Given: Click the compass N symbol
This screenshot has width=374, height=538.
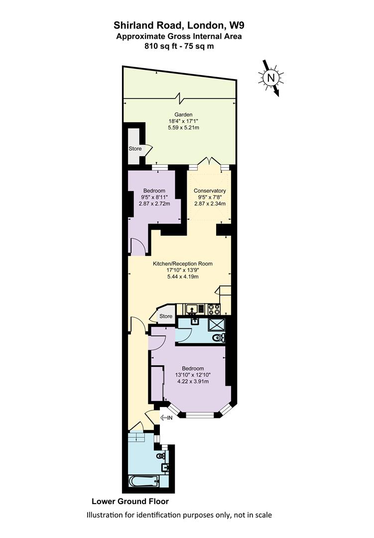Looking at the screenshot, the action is point(271,78).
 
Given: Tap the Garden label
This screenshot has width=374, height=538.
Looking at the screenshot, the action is point(183,115).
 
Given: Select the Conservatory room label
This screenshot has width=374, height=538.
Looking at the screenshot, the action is point(210,191).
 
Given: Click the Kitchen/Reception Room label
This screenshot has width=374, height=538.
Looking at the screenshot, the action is point(183,264).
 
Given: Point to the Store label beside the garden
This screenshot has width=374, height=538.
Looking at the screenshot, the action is point(135,148).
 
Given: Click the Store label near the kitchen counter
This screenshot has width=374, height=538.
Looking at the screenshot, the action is point(166,316).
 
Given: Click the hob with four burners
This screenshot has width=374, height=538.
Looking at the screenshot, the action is point(214,309).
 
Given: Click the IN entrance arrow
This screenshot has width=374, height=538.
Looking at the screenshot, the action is point(166,417).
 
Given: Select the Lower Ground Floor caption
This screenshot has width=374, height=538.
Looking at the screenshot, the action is point(130,501).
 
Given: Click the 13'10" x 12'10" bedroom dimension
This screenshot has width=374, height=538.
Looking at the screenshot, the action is point(193,375).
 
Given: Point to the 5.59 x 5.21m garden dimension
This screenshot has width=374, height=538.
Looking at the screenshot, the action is point(184,128).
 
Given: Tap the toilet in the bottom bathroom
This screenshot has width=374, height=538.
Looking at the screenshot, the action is point(161,456).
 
